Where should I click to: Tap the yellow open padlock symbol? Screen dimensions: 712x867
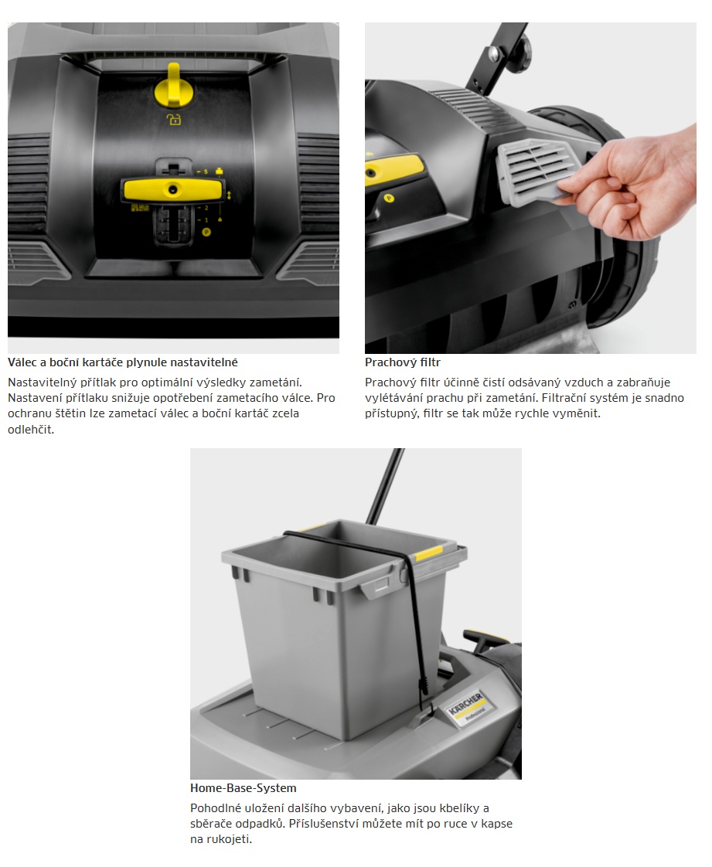coord(174,119)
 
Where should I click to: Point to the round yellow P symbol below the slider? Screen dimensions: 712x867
coord(206,233)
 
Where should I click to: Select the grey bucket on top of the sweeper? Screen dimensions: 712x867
coord(343,625)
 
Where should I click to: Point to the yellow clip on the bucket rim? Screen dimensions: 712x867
coord(429,553)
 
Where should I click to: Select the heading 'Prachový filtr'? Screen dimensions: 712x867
coord(403,362)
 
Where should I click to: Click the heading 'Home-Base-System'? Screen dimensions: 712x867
coord(244,788)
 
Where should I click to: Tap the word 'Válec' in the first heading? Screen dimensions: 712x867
coord(22,362)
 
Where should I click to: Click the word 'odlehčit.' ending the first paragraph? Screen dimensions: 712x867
coord(31,429)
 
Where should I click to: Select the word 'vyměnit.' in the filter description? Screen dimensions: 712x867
coord(578,413)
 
